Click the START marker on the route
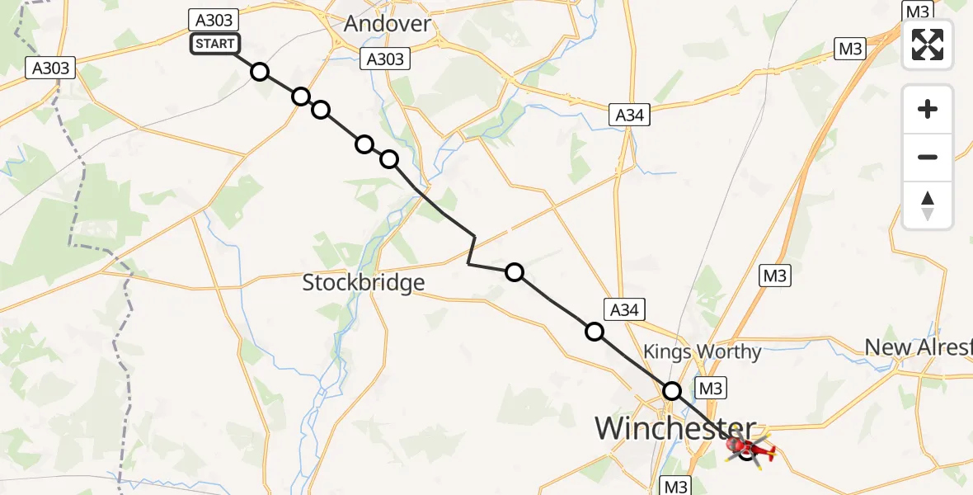click(x=215, y=44)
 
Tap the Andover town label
click(x=387, y=23)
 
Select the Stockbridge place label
click(x=364, y=283)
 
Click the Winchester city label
click(x=675, y=429)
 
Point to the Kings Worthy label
click(x=702, y=352)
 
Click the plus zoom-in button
click(x=928, y=110)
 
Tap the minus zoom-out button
click(x=928, y=157)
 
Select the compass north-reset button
click(x=928, y=205)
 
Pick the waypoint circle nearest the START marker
click(x=260, y=72)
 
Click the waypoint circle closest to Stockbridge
click(x=514, y=272)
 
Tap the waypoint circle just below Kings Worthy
click(x=673, y=391)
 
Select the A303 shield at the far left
click(x=50, y=68)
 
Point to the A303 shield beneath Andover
click(x=385, y=59)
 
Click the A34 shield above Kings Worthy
click(x=624, y=310)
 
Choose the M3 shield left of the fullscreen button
click(x=850, y=49)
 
